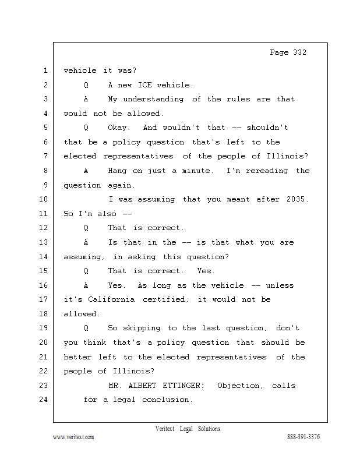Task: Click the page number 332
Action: click(x=299, y=52)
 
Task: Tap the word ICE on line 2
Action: click(x=145, y=85)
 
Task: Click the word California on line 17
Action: click(x=111, y=299)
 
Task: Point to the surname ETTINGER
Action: click(x=181, y=386)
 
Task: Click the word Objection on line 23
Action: click(x=239, y=386)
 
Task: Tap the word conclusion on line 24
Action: click(x=165, y=400)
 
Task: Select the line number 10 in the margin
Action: click(x=44, y=199)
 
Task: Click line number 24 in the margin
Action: click(x=44, y=400)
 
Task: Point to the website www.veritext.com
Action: click(x=73, y=437)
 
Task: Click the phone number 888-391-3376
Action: click(x=303, y=437)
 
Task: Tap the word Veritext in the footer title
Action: click(x=165, y=429)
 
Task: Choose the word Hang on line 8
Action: click(x=117, y=171)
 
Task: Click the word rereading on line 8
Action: click(x=267, y=171)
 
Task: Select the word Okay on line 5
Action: click(x=117, y=128)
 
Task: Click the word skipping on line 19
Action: click(x=142, y=328)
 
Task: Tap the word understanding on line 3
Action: click(x=153, y=99)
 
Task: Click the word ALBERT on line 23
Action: click(x=142, y=386)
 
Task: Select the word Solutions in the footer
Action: click(x=209, y=429)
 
